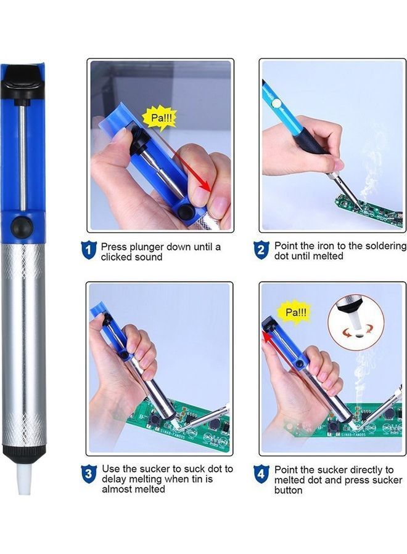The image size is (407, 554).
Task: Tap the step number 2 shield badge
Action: (261, 250)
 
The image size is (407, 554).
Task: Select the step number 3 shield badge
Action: (89, 473)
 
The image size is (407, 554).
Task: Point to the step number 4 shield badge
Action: (261, 473)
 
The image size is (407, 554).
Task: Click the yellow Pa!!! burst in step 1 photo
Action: (159, 116)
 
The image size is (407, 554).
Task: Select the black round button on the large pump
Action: (23, 224)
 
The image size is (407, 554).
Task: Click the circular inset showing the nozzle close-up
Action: (355, 323)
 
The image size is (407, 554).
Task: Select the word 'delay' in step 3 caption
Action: (115, 479)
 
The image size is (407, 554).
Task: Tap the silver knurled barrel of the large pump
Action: (23, 345)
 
